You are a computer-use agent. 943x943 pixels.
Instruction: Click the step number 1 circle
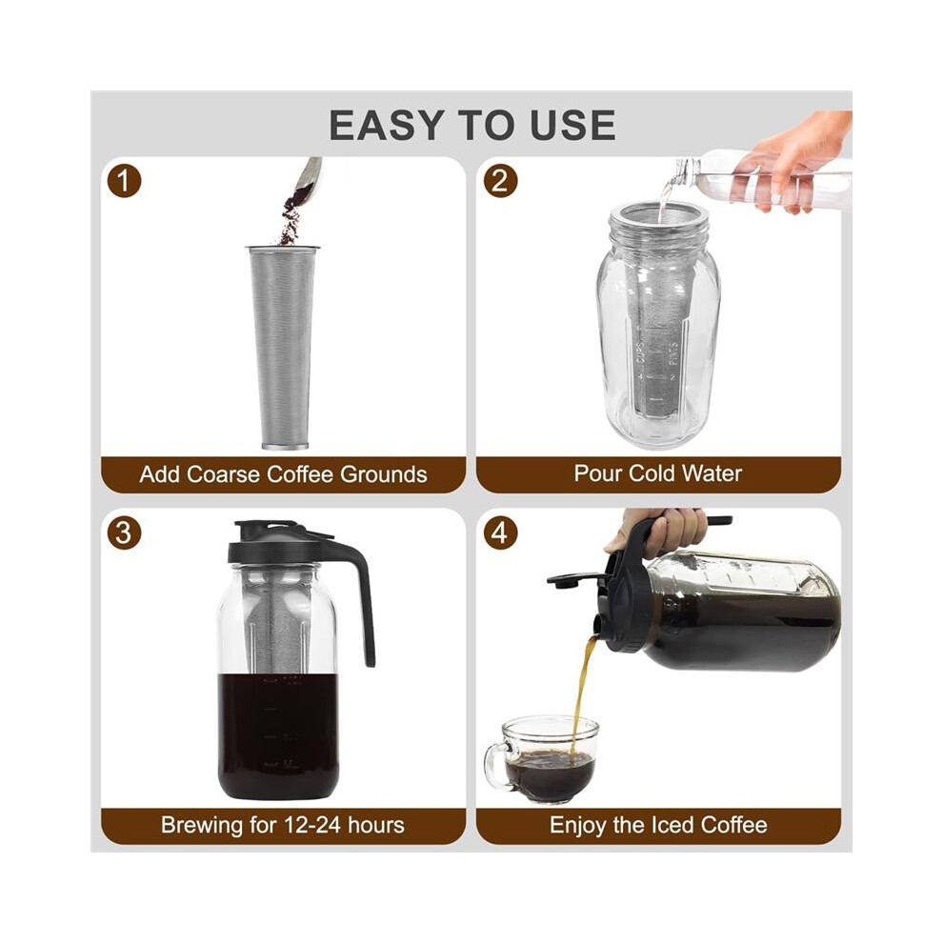tap(124, 181)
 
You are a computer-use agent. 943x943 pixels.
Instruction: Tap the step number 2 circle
tap(500, 181)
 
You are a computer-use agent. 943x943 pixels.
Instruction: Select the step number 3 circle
tap(124, 532)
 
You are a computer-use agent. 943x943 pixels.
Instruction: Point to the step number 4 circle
tap(500, 532)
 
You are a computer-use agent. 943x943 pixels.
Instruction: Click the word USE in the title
tap(572, 126)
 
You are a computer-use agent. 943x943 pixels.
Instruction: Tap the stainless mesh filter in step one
tap(283, 347)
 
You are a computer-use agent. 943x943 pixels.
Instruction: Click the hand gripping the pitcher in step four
tap(668, 531)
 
